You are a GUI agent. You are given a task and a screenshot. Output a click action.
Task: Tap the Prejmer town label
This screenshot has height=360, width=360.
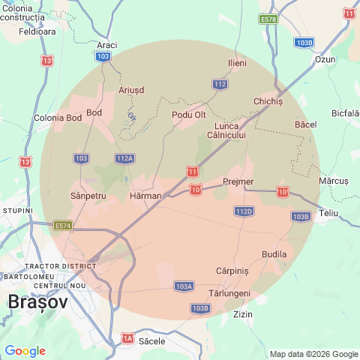[x=238, y=181]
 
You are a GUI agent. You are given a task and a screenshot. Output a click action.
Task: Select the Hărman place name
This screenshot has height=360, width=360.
[x=145, y=196]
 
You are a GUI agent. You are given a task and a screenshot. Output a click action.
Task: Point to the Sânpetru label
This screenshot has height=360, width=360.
[x=88, y=196]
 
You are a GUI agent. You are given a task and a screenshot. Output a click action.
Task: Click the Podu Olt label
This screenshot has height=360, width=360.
[x=188, y=115]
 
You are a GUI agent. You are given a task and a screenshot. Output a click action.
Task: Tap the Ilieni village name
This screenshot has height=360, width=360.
[x=237, y=63]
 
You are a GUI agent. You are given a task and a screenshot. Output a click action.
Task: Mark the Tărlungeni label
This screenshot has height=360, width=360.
[x=229, y=293]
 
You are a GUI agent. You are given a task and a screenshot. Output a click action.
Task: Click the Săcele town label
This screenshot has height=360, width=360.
[x=152, y=340]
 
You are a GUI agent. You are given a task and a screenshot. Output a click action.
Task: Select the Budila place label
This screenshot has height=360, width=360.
[x=274, y=254]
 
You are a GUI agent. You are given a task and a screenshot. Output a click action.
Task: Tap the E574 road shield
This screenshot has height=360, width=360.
[x=63, y=225]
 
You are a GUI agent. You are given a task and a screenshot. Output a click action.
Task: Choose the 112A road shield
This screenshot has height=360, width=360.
[x=125, y=158]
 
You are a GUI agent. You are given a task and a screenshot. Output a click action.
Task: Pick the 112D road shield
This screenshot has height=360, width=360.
[x=244, y=211]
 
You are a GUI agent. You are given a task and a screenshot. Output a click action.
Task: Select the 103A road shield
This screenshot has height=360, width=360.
[x=184, y=286]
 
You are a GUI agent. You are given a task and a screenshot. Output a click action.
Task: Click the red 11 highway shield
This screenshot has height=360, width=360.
[x=193, y=172]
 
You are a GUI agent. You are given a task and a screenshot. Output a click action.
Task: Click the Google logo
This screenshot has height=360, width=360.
[x=25, y=351]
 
